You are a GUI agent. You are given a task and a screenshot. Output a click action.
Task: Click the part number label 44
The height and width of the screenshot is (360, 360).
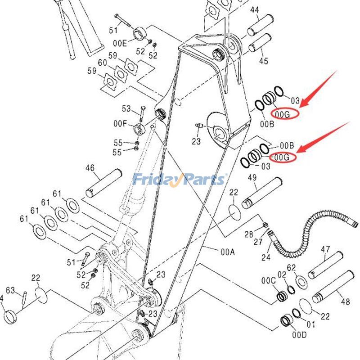pyautogui.click(x=255, y=9)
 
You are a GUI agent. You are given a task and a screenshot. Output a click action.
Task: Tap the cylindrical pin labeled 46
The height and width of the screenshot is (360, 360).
pyautogui.click(x=104, y=183)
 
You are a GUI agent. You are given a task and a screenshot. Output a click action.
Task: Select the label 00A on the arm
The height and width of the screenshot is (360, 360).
pyautogui.click(x=227, y=252)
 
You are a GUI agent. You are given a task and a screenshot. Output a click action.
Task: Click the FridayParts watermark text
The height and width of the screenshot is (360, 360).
pyautogui.click(x=179, y=180)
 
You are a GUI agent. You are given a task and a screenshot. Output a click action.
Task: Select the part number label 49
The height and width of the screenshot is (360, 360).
pyautogui.click(x=252, y=178)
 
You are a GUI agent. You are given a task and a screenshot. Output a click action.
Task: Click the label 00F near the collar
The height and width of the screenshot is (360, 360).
pyautogui.click(x=120, y=123)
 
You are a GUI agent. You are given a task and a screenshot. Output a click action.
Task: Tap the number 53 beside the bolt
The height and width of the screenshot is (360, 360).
pyautogui.click(x=126, y=109)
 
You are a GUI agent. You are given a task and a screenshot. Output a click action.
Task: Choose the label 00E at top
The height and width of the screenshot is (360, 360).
pyautogui.click(x=120, y=43)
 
